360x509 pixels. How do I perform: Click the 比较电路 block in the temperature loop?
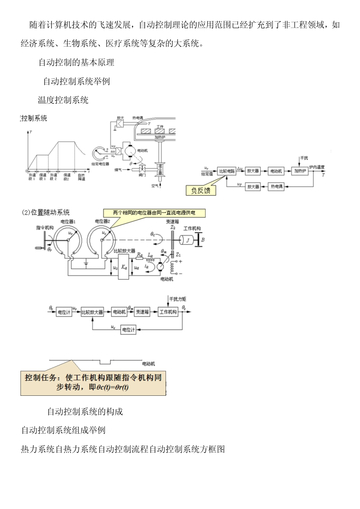pyautogui.click(x=227, y=171)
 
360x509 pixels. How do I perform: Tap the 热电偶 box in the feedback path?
pyautogui.click(x=276, y=187)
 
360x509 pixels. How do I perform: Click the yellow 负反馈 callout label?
pyautogui.click(x=201, y=190)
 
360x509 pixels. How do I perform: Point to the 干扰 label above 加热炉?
pyautogui.click(x=304, y=158)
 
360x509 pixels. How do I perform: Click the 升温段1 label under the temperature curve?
pyautogui.click(x=32, y=177)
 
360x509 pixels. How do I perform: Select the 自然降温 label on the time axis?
pyautogui.click(x=81, y=177)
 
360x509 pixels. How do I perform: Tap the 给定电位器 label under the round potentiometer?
pyautogui.click(x=100, y=164)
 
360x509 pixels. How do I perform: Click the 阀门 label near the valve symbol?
pyautogui.click(x=142, y=175)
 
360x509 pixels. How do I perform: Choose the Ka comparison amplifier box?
pyautogui.click(x=124, y=267)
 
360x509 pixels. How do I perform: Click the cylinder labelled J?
pyautogui.click(x=186, y=240)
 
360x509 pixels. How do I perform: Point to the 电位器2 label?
pyautogui.click(x=102, y=222)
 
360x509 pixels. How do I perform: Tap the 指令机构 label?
pyautogui.click(x=45, y=228)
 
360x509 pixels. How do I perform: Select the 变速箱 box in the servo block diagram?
pyautogui.click(x=142, y=312)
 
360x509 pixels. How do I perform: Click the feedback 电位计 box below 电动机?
pyautogui.click(x=128, y=330)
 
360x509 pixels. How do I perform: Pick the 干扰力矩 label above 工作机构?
pyautogui.click(x=177, y=299)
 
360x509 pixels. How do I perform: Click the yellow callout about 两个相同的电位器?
pyautogui.click(x=154, y=213)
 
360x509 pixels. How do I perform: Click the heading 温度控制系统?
pyautogui.click(x=63, y=100)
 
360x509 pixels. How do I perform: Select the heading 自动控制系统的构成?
pyautogui.click(x=85, y=412)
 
